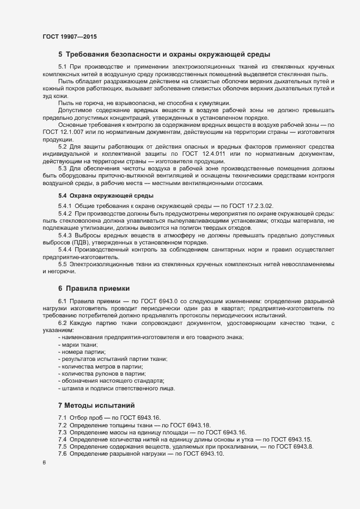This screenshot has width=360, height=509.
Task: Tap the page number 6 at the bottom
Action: pos(44,462)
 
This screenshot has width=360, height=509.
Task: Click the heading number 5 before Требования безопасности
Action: pos(60,54)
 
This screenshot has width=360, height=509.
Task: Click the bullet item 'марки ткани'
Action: pos(79,345)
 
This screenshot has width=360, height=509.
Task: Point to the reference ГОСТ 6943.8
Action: pos(295,446)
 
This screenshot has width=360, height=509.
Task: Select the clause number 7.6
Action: pos(63,453)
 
